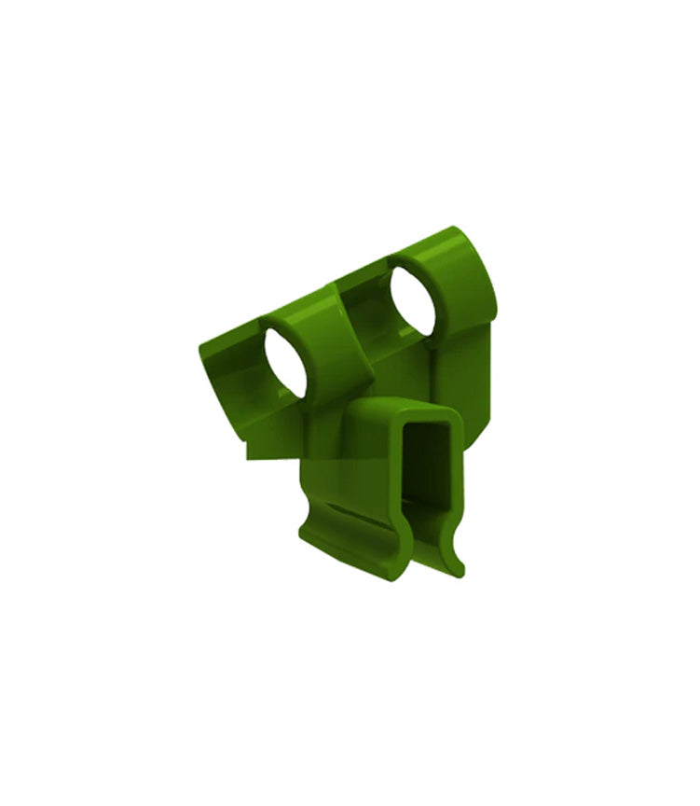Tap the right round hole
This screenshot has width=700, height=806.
[411, 300]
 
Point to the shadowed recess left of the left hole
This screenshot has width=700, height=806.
[238, 373]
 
